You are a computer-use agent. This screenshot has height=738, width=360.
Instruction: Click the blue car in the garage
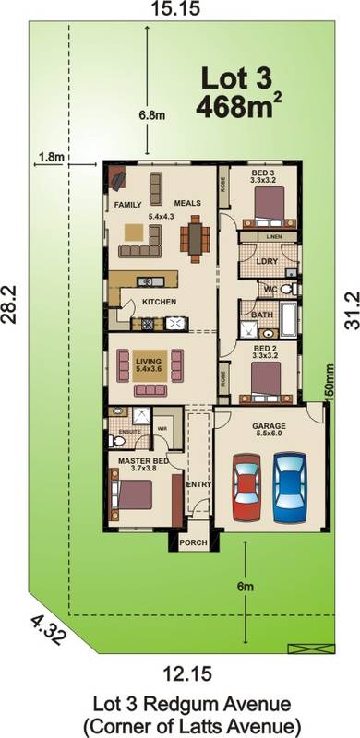click(x=289, y=484)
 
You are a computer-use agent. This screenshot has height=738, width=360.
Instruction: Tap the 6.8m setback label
click(x=151, y=115)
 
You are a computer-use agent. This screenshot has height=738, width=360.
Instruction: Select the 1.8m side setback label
click(x=50, y=157)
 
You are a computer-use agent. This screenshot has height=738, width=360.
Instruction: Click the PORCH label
click(x=193, y=543)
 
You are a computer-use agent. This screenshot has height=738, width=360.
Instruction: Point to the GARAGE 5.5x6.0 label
click(x=270, y=432)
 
